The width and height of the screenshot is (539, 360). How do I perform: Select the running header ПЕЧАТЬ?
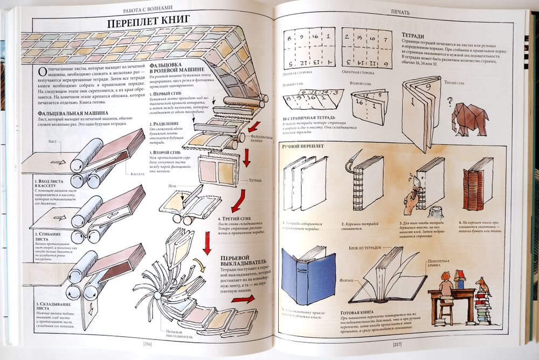[400, 11]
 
